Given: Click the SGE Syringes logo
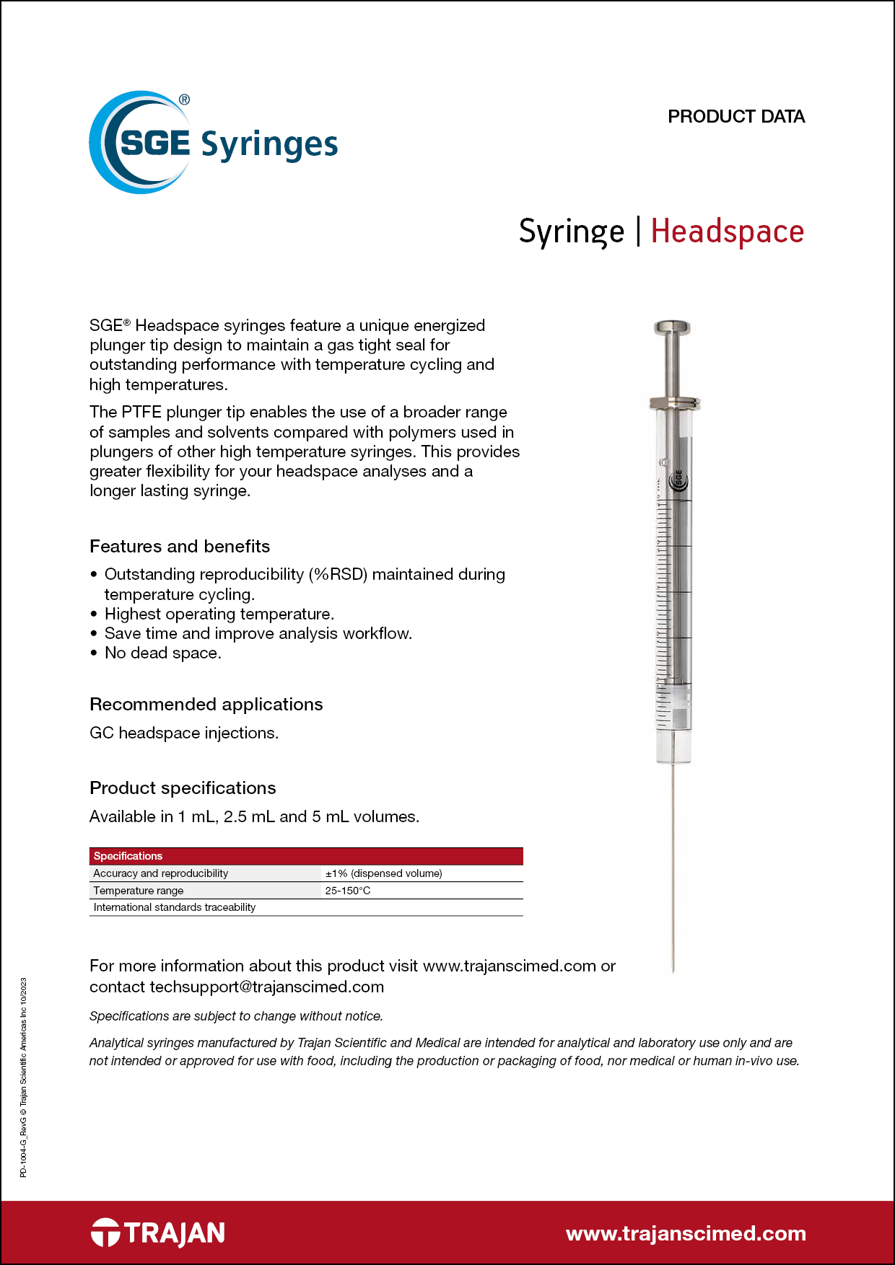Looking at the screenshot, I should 213,143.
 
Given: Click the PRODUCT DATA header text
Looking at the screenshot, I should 735,117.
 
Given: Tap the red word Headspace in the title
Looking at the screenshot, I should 727,232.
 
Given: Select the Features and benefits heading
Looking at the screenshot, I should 180,547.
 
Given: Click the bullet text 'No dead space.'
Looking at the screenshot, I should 163,653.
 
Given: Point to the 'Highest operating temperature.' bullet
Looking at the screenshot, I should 219,614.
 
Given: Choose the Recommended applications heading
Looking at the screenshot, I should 206,705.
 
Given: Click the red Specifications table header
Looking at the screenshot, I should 306,856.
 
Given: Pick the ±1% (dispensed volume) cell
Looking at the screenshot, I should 383,873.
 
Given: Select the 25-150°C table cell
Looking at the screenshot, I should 348,891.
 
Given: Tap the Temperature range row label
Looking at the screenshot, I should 139,891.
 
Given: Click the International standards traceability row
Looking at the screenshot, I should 175,907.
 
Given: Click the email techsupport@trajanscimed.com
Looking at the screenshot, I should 266,987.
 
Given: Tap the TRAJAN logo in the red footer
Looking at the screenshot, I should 158,1233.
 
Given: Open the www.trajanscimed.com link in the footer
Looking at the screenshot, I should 686,1234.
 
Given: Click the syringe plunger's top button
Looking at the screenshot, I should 672,328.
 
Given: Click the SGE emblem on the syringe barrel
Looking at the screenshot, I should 678,480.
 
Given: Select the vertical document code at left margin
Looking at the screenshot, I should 23,1077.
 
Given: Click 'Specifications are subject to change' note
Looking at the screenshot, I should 236,1016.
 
